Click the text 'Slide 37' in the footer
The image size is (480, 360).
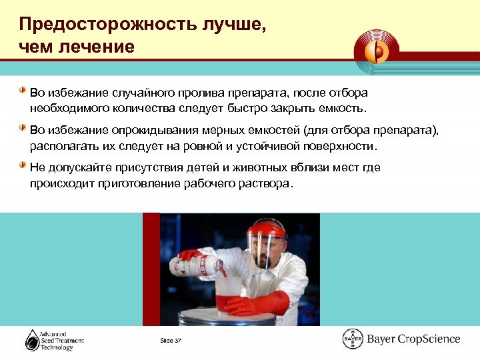[171, 341]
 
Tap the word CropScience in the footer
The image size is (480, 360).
[429, 339]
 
